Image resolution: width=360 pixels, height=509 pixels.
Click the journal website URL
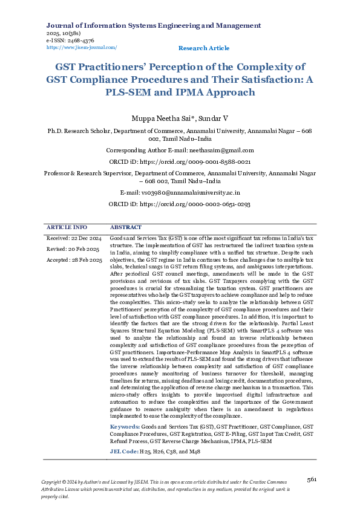[82, 47]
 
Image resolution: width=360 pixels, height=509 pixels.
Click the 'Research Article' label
[204, 48]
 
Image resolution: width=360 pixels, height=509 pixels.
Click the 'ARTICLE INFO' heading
[67, 227]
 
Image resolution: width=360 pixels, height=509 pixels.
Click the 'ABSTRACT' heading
[126, 227]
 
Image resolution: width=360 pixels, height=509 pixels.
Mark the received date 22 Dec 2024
[85, 238]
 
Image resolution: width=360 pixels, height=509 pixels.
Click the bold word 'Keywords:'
[125, 427]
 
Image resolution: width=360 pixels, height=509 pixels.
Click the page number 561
[312, 479]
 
